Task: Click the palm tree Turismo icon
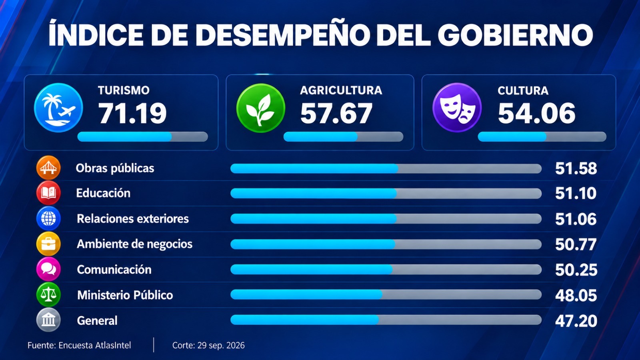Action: (x=58, y=108)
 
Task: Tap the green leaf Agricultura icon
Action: (x=260, y=108)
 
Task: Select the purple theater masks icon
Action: (x=457, y=108)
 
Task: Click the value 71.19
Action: (x=132, y=114)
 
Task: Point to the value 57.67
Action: (x=336, y=114)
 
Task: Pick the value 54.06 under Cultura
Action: (x=536, y=114)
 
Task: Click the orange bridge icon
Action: (x=48, y=168)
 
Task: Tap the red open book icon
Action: (x=48, y=193)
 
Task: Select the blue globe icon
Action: (x=48, y=218)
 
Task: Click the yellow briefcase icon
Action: (x=48, y=244)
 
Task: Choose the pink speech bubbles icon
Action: (x=48, y=269)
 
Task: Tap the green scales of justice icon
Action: (x=48, y=294)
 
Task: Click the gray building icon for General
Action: (x=48, y=320)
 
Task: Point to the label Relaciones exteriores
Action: (x=133, y=219)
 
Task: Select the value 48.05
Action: (x=576, y=296)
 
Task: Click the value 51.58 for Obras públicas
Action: (x=576, y=168)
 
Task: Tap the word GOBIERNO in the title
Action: (x=515, y=35)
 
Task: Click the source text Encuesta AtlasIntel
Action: (x=95, y=346)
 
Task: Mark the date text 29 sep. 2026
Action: (x=221, y=346)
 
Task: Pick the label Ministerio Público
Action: (x=125, y=295)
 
